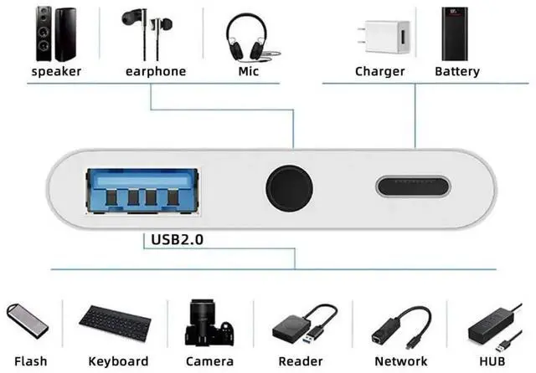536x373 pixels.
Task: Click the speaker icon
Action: pyautogui.click(x=56, y=34)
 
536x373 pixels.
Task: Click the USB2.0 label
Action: pyautogui.click(x=178, y=240)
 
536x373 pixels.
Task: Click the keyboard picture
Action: pyautogui.click(x=118, y=320)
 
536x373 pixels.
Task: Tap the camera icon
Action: pyautogui.click(x=209, y=320)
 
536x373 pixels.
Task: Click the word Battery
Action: pyautogui.click(x=456, y=72)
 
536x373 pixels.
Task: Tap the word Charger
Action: pyautogui.click(x=379, y=72)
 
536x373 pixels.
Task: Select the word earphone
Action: pyautogui.click(x=155, y=72)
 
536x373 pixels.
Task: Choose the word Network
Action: pyautogui.click(x=401, y=361)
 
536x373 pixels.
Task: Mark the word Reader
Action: pyautogui.click(x=299, y=361)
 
